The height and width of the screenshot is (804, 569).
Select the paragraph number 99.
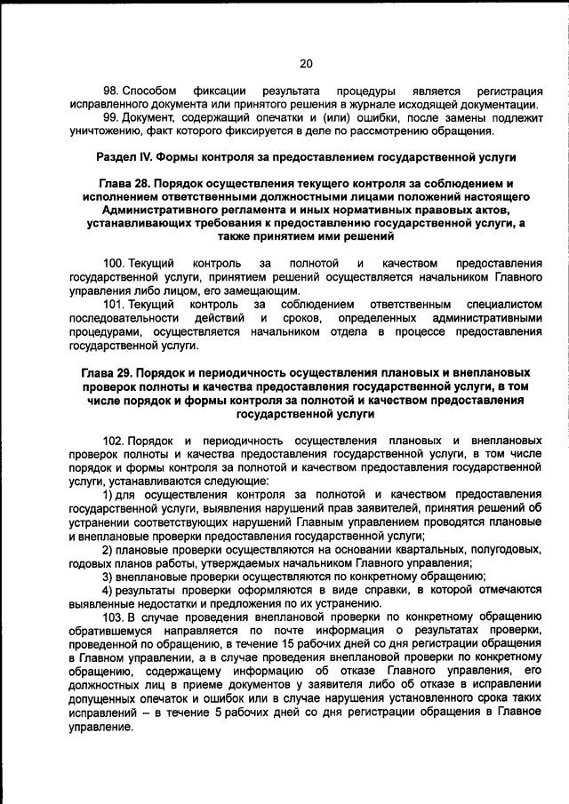pos(110,118)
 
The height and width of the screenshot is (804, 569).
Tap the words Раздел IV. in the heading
pos(124,157)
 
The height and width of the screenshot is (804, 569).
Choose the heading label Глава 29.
pos(105,372)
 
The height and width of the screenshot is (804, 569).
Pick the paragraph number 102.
pos(113,441)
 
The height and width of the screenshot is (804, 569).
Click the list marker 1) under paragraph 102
pos(107,494)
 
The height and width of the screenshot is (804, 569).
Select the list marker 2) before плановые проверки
pos(107,548)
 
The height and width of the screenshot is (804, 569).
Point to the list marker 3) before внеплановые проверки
pos(107,575)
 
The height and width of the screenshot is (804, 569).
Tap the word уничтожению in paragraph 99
pos(101,131)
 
